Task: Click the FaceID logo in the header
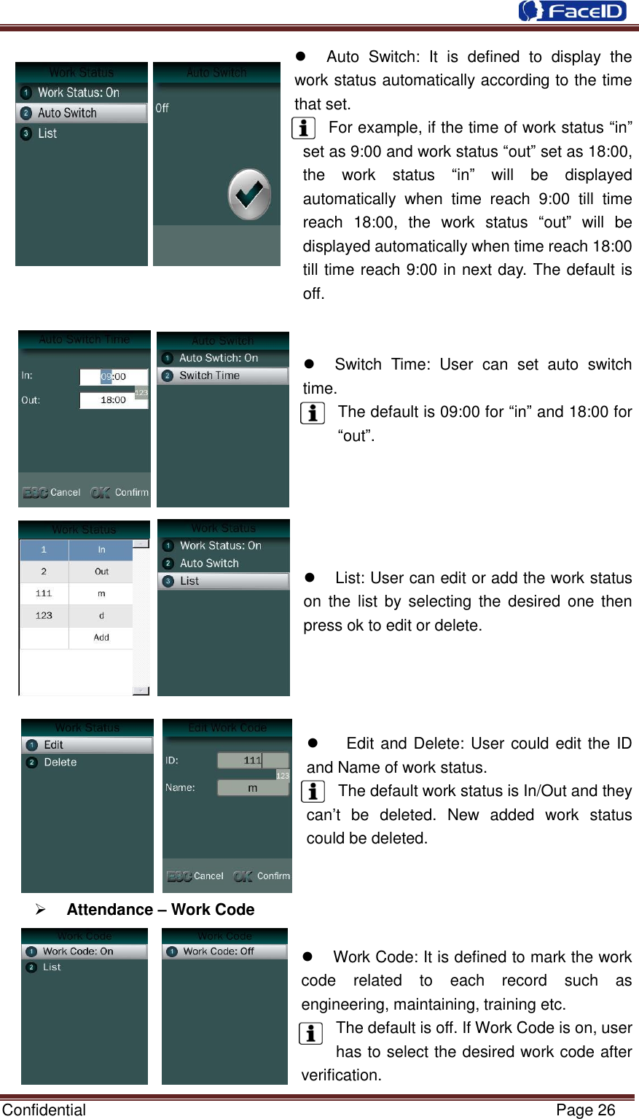[572, 11]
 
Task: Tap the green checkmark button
[249, 195]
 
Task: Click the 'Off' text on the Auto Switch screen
[162, 108]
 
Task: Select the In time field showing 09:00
[114, 377]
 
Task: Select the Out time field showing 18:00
[114, 400]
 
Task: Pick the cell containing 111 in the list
[44, 593]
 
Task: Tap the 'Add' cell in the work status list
[101, 637]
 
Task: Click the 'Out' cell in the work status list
[101, 572]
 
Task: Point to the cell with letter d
[101, 615]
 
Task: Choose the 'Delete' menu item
[60, 763]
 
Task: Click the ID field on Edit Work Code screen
[253, 760]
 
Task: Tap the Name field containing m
[253, 788]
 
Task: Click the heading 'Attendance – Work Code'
[160, 910]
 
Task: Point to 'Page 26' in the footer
[585, 1110]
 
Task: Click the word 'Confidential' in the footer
[44, 1110]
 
